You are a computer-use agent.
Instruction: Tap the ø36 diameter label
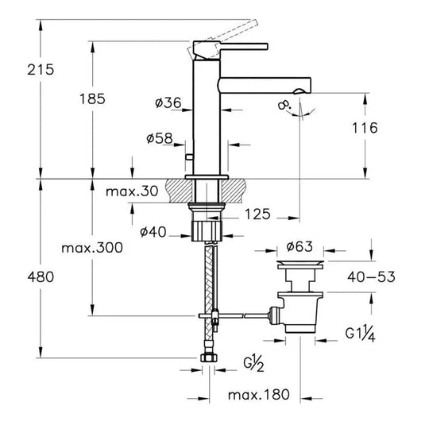pyautogui.click(x=168, y=102)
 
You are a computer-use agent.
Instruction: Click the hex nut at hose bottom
pyautogui.click(x=211, y=361)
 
